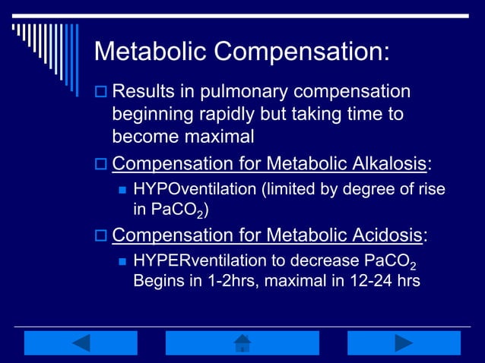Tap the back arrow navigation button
tap(81, 343)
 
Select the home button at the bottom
tap(242, 343)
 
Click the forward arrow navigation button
tap(404, 343)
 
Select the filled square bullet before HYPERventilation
tap(122, 262)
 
